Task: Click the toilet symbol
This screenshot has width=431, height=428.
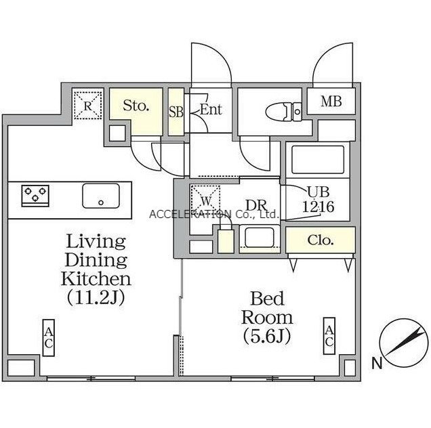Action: pyautogui.click(x=283, y=112)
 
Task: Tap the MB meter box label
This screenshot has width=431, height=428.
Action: pyautogui.click(x=331, y=101)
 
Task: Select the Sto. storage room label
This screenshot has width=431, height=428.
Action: pyautogui.click(x=136, y=105)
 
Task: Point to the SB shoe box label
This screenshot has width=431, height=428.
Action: pyautogui.click(x=176, y=112)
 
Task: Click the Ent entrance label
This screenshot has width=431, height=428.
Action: pyautogui.click(x=211, y=109)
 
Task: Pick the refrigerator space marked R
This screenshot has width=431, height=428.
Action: pyautogui.click(x=87, y=106)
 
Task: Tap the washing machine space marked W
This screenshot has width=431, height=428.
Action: pyautogui.click(x=205, y=200)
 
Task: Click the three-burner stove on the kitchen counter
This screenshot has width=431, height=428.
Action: pyautogui.click(x=35, y=196)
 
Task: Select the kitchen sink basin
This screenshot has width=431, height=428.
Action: pyautogui.click(x=101, y=196)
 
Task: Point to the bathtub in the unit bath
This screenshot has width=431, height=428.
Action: pyautogui.click(x=318, y=160)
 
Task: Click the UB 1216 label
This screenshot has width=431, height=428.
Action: pyautogui.click(x=319, y=200)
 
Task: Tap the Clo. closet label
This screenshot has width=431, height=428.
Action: pyautogui.click(x=321, y=240)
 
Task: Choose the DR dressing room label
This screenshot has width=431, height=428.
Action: pyautogui.click(x=256, y=205)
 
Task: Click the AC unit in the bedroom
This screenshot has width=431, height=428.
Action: pyautogui.click(x=329, y=336)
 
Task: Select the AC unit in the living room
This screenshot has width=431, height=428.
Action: pyautogui.click(x=48, y=338)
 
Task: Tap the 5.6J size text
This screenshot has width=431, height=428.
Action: pyautogui.click(x=266, y=337)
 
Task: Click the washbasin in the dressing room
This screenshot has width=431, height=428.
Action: pyautogui.click(x=260, y=237)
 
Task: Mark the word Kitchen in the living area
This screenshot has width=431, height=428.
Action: pyautogui.click(x=96, y=278)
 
